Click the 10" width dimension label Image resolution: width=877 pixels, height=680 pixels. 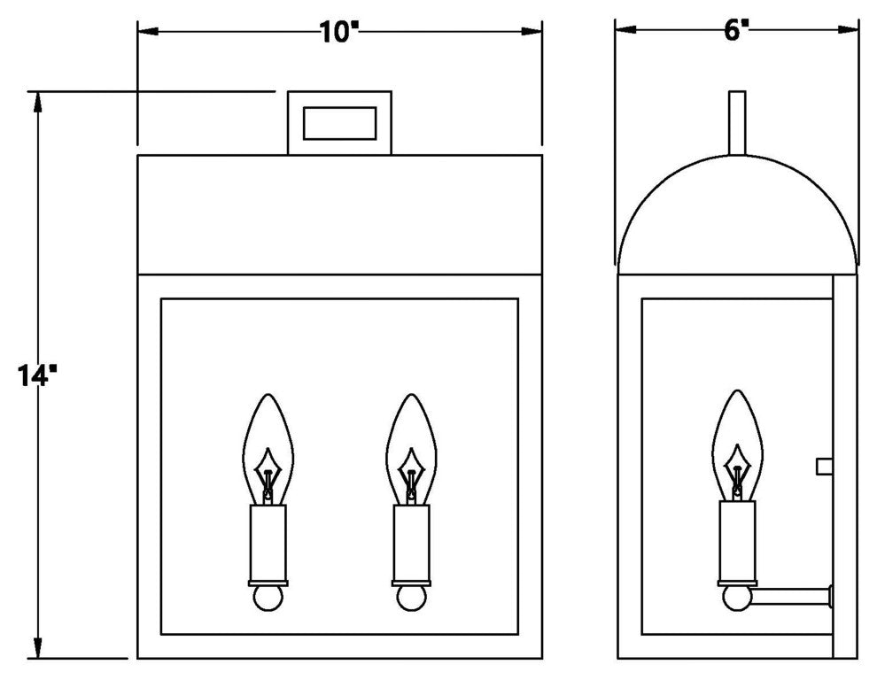pos(339,31)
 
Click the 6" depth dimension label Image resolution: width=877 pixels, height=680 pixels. pos(737,30)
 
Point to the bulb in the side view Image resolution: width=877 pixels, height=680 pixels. pos(736,441)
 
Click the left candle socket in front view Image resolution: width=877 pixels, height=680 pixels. pos(268,541)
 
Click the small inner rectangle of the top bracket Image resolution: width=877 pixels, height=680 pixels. pos(339,122)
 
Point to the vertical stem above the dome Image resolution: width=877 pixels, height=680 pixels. pos(737,122)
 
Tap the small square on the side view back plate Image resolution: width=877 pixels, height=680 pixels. pos(824,465)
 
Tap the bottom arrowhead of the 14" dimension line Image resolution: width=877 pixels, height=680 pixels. pos(37,649)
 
